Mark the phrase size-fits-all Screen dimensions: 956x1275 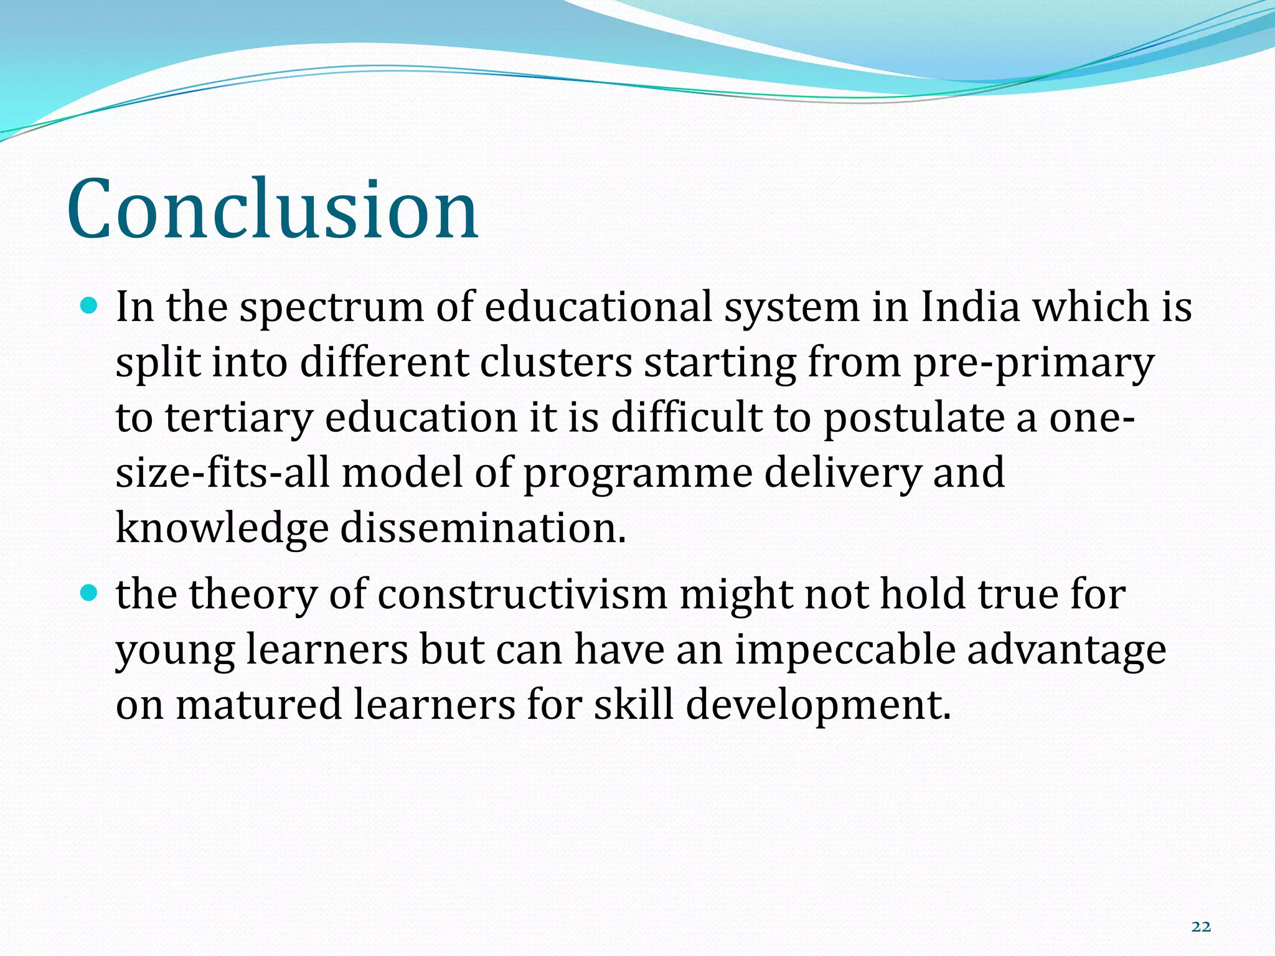(x=222, y=472)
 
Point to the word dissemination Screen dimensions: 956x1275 (x=482, y=528)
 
